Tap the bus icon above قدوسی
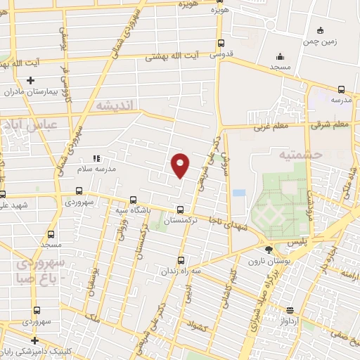(x=221, y=43)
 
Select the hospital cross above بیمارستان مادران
(x=30, y=81)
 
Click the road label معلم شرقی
(x=330, y=124)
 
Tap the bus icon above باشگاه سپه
(x=134, y=199)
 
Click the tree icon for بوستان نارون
(x=267, y=250)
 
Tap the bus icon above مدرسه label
(x=341, y=89)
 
